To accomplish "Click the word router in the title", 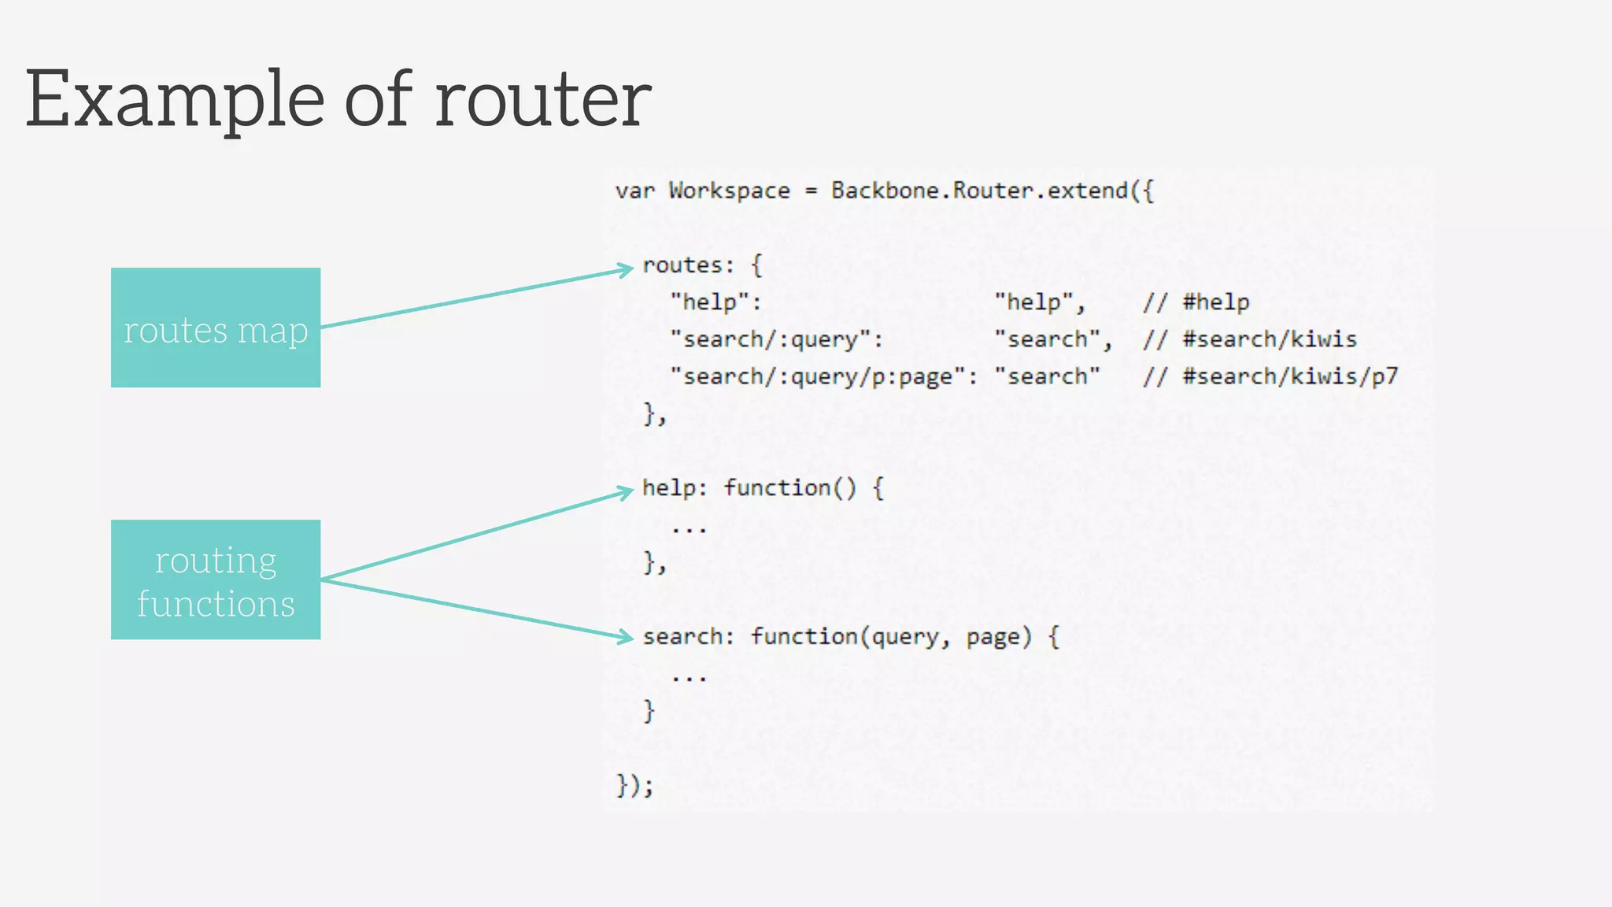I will [x=543, y=101].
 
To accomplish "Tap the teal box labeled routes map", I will [x=216, y=328].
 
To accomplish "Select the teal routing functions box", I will [x=216, y=579].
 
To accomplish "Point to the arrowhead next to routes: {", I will [x=627, y=270].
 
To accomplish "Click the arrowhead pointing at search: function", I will [x=627, y=637].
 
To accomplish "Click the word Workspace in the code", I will [x=729, y=191].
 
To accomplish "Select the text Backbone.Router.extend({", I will [x=992, y=191].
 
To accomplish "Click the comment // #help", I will [x=1196, y=302].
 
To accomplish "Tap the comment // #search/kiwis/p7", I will [x=1270, y=376].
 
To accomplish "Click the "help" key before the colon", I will [x=709, y=302].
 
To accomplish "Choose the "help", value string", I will [x=1039, y=302].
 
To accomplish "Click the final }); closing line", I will [x=634, y=785].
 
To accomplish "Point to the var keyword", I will [x=634, y=191].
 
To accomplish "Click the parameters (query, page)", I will [x=945, y=636].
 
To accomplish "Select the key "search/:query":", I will [x=776, y=339].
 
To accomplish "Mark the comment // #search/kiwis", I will [x=1249, y=339].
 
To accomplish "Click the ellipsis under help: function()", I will [x=690, y=529].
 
